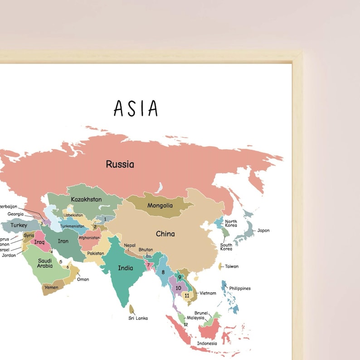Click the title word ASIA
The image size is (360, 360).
[136, 108]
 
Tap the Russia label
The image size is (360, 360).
[120, 164]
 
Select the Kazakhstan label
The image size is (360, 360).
[86, 199]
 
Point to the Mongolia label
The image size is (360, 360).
[160, 205]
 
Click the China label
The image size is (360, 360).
[165, 234]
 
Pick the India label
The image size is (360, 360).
[126, 268]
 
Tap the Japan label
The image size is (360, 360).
[263, 230]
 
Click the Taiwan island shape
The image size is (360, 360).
[220, 267]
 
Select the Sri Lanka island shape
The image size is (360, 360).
[131, 309]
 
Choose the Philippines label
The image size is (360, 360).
[240, 288]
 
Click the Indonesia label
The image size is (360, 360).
[207, 343]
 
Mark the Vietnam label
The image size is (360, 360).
[208, 293]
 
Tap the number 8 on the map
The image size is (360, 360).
[163, 272]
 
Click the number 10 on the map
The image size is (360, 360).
[178, 288]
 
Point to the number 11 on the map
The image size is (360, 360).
[186, 296]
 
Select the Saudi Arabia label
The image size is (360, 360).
[45, 263]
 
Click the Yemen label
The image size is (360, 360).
[51, 287]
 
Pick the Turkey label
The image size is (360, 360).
[19, 225]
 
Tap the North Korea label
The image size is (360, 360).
[231, 224]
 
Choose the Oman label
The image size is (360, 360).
[83, 279]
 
